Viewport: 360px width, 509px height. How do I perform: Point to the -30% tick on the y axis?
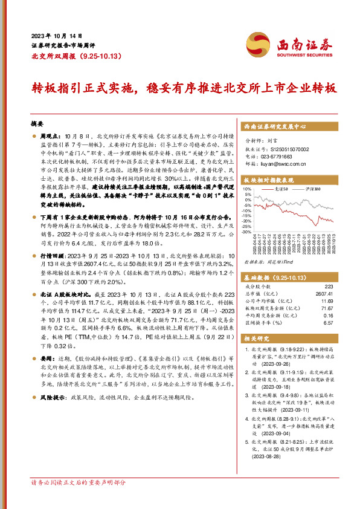[248, 230]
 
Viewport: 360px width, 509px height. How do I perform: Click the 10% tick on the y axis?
[248, 189]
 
